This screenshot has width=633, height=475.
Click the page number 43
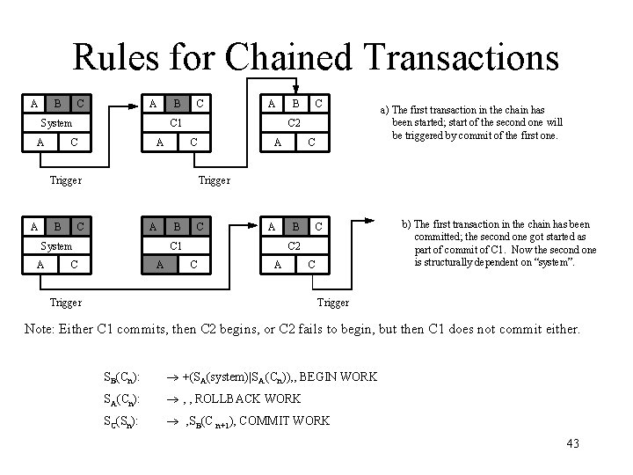coord(572,442)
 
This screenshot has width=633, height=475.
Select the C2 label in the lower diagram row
coord(295,245)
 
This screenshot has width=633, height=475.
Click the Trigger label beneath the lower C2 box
coord(332,303)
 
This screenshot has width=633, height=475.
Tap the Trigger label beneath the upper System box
coord(65,180)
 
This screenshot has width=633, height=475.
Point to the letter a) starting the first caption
coord(384,110)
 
